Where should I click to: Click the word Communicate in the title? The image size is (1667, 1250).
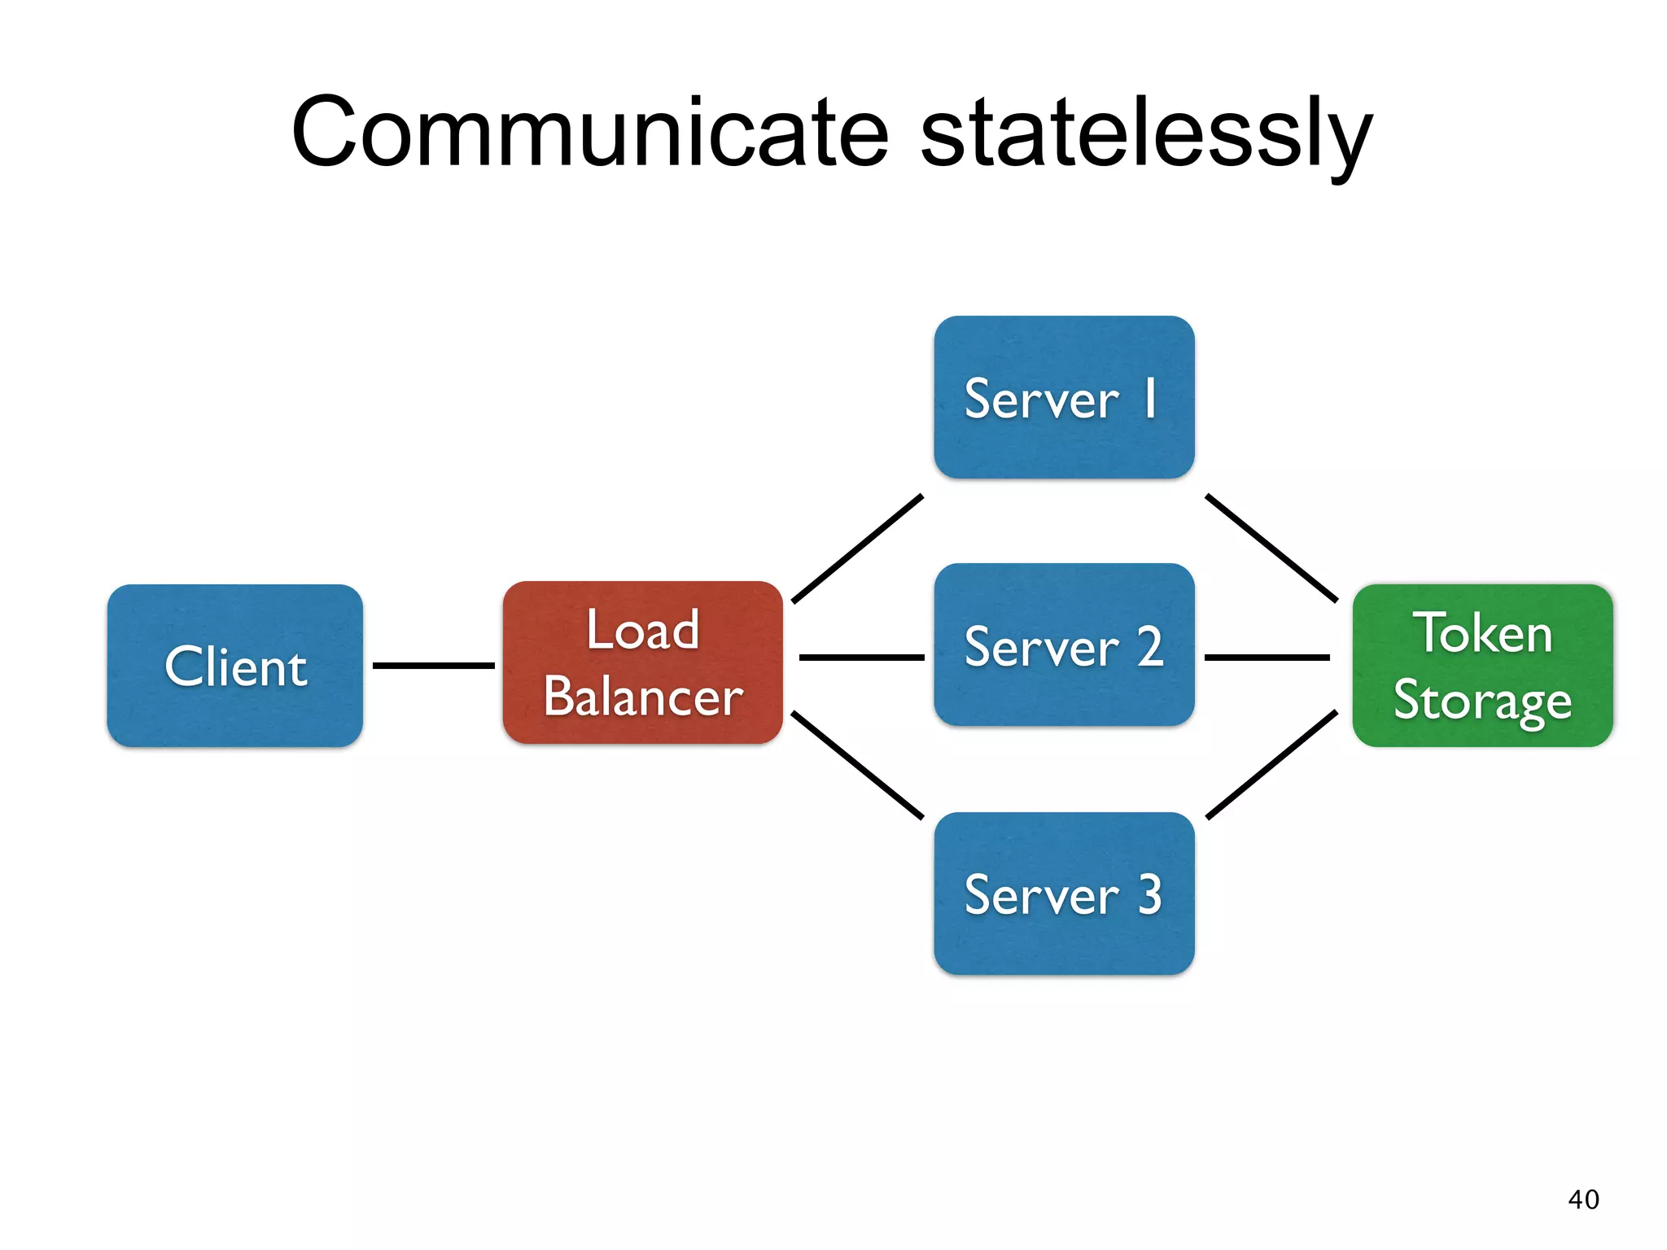click(x=590, y=133)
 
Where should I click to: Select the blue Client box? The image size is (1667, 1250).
click(x=234, y=666)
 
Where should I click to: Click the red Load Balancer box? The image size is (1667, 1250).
click(x=642, y=662)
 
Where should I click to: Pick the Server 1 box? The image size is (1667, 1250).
click(x=1064, y=397)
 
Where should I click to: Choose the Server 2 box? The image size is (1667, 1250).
click(x=1064, y=645)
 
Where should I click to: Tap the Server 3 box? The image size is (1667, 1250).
click(x=1064, y=894)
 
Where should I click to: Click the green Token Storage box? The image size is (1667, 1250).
click(x=1482, y=666)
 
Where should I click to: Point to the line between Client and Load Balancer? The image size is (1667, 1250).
click(x=433, y=666)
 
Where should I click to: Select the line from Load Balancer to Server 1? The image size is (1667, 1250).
click(x=857, y=549)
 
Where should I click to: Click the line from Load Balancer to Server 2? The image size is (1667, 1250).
click(x=861, y=657)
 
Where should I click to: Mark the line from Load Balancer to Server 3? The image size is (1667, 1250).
click(x=857, y=765)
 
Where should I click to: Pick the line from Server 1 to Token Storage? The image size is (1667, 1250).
click(x=1271, y=548)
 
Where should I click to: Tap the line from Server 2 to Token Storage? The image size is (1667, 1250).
click(x=1267, y=657)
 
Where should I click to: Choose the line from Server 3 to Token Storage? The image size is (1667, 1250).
click(x=1271, y=765)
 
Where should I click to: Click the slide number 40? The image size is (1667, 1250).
click(x=1583, y=1200)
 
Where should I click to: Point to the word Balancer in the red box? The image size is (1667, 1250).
click(x=643, y=697)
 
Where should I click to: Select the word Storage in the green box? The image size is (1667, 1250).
click(x=1482, y=701)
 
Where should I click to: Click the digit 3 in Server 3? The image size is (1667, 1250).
click(x=1149, y=894)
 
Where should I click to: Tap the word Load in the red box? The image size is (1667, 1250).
click(x=642, y=630)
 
